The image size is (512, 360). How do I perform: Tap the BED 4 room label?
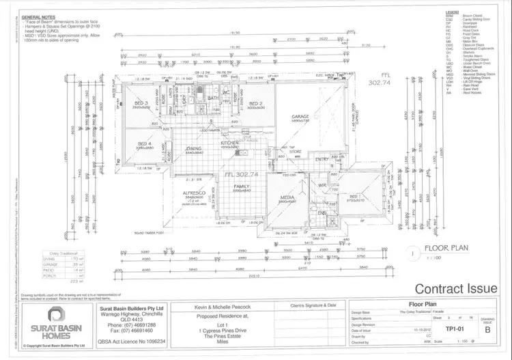coord(143,142)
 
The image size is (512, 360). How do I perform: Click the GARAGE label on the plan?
coord(300,117)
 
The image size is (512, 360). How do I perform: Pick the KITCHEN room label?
coord(230,143)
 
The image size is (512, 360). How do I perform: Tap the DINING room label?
coord(194,148)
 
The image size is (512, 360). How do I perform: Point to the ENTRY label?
coord(322,159)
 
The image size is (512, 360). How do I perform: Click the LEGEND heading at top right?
coord(452,11)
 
